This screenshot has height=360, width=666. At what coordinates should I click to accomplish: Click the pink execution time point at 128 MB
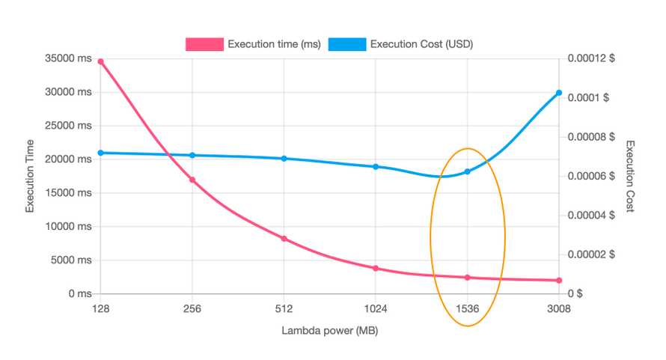point(100,61)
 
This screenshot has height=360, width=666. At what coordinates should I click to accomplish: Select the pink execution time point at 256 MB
point(192,180)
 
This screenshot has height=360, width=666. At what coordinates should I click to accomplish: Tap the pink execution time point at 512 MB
point(284,239)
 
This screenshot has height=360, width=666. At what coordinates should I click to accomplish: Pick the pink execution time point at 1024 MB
point(376,268)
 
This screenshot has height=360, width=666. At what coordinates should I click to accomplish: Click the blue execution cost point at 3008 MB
point(559,93)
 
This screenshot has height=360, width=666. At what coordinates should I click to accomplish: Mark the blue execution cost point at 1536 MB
point(468,171)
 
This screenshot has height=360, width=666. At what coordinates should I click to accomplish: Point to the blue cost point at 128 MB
point(100,153)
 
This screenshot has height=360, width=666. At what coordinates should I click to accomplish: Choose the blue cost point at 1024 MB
point(376,167)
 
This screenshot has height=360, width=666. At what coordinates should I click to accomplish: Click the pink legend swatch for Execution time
point(204,44)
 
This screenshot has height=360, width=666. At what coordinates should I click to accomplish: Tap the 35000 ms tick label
point(69,58)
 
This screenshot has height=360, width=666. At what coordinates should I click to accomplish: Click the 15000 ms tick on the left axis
point(69,193)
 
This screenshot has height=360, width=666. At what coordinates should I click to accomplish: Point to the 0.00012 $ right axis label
point(589,58)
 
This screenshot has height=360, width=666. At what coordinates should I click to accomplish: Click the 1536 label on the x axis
point(468,309)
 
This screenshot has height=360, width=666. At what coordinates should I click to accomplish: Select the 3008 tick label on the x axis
point(559,309)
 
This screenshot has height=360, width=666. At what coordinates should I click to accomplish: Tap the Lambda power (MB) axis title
point(330,330)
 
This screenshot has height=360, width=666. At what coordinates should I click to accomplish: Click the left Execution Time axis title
point(31,176)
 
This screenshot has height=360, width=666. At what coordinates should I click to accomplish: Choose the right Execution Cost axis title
point(630,176)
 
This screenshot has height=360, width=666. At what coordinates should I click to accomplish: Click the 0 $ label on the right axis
point(575,294)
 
